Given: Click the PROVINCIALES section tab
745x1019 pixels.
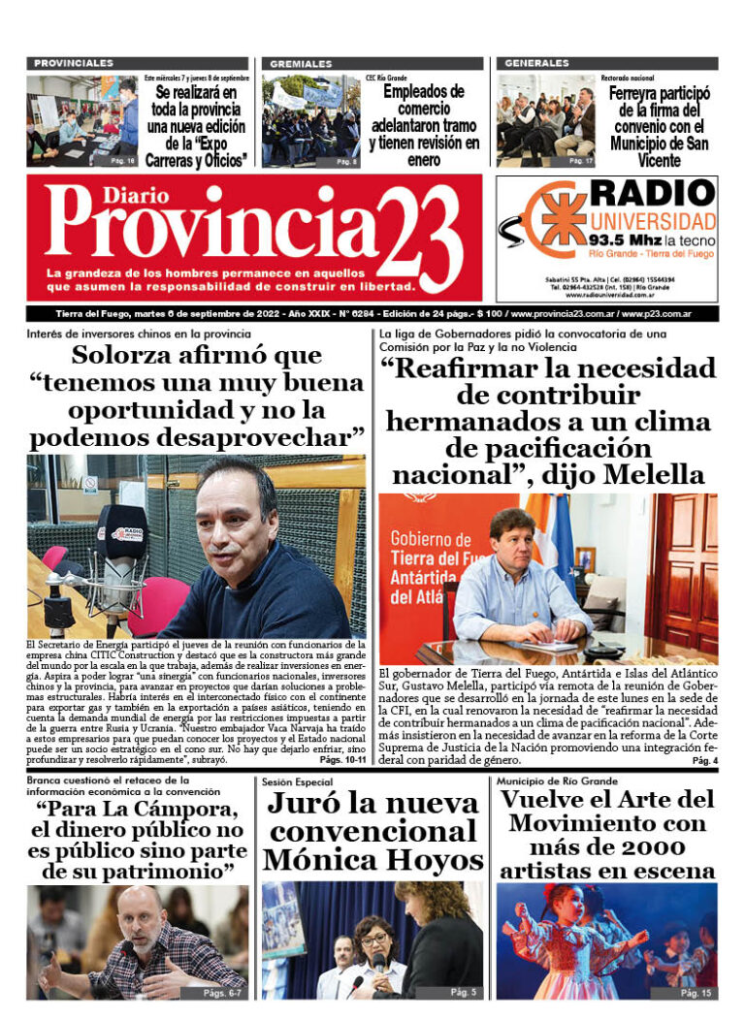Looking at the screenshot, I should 73,63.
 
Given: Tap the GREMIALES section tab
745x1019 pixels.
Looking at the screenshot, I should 301,63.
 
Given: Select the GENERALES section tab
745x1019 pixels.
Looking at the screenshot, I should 536,63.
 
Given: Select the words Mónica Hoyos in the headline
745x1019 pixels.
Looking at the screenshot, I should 372,859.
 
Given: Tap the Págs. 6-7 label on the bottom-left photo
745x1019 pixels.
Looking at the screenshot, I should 224,994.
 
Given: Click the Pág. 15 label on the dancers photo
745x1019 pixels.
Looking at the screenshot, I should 695,994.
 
